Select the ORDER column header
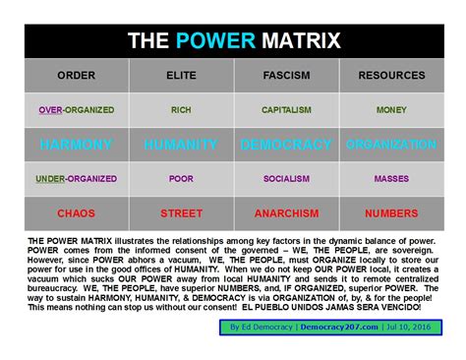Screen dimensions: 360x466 pyautogui.click(x=76, y=75)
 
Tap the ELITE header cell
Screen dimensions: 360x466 pyautogui.click(x=181, y=75)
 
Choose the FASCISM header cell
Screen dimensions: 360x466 pyautogui.click(x=286, y=75)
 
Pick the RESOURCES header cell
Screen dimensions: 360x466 pyautogui.click(x=391, y=75)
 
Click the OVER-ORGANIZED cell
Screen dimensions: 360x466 pyautogui.click(x=76, y=110)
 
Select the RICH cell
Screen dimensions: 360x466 pyautogui.click(x=181, y=110)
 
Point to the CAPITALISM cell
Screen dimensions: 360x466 pyautogui.click(x=286, y=110)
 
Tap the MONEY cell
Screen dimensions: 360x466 pyautogui.click(x=391, y=110)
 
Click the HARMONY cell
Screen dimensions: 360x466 pyautogui.click(x=76, y=145)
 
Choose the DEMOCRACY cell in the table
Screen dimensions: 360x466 pyautogui.click(x=286, y=145)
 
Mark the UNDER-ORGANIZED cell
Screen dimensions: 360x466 pyautogui.click(x=76, y=179)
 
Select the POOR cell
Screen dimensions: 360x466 pyautogui.click(x=181, y=179)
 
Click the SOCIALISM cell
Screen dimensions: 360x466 pyautogui.click(x=286, y=179)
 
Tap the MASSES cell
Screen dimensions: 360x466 pyautogui.click(x=391, y=179)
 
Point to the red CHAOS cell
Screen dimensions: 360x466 pyautogui.click(x=76, y=212)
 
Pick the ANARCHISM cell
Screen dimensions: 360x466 pyautogui.click(x=286, y=212)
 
